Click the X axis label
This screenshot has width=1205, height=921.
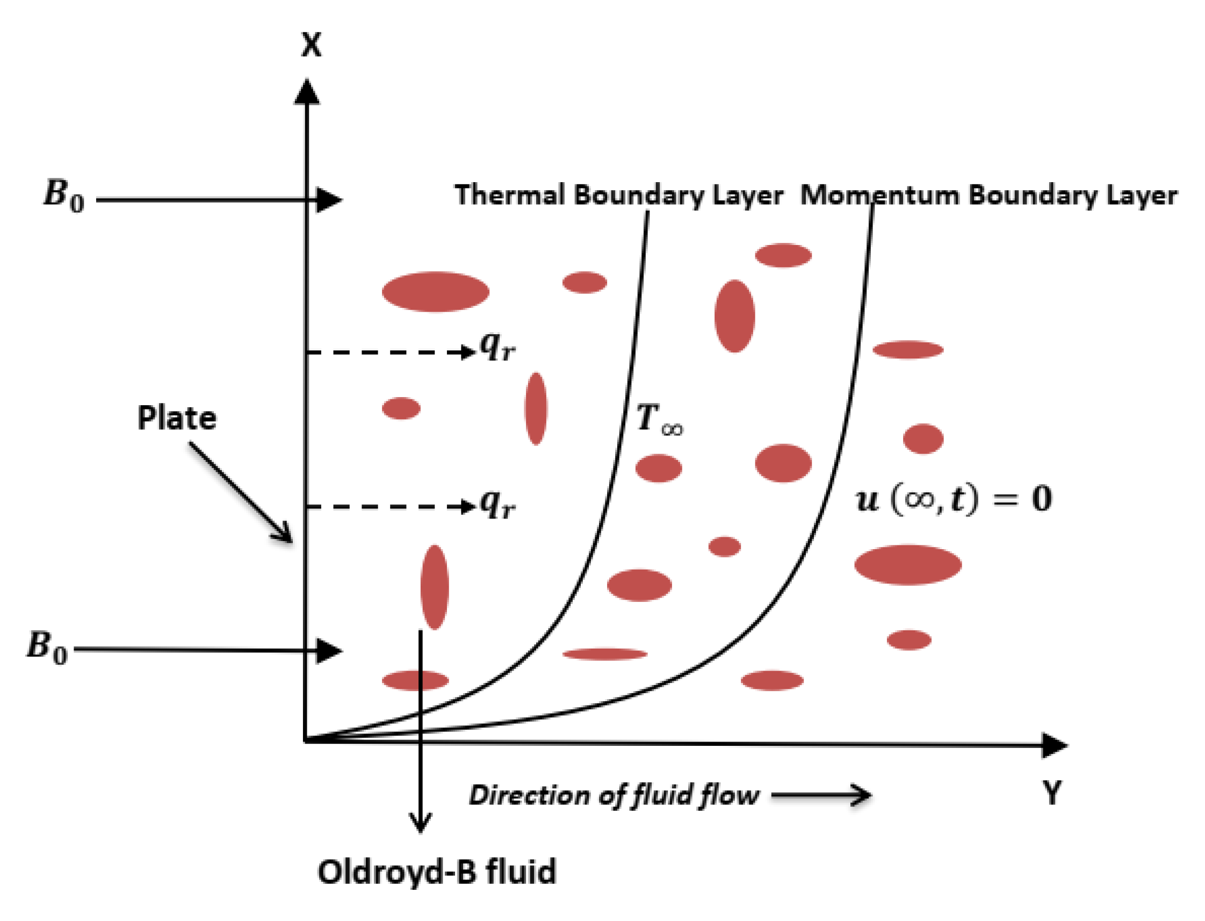tap(311, 45)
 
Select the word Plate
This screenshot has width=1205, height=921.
tap(176, 418)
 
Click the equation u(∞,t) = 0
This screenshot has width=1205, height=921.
tap(953, 499)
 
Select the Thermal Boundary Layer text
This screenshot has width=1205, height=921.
tap(619, 195)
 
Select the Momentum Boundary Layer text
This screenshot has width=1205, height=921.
tap(988, 195)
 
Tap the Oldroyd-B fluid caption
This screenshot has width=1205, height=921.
tap(437, 872)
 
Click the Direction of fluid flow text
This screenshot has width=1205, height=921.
tap(614, 795)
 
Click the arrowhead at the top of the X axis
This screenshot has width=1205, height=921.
tap(307, 91)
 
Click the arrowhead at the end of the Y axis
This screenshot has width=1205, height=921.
tap(1054, 746)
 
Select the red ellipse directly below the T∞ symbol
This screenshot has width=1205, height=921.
tap(658, 469)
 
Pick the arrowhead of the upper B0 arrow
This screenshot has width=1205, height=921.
tap(329, 199)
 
